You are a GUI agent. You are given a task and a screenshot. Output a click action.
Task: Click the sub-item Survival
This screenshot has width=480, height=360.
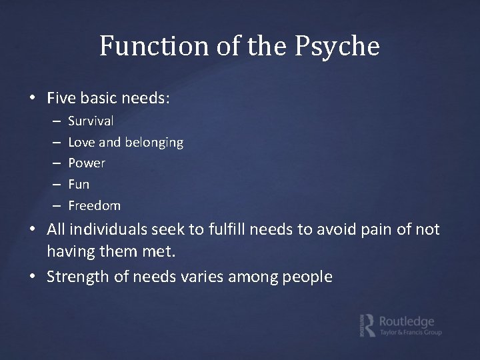point(91,121)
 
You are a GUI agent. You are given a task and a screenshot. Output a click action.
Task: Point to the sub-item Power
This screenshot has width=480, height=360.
point(87,163)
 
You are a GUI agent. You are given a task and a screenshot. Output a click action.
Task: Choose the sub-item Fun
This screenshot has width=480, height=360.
point(79,183)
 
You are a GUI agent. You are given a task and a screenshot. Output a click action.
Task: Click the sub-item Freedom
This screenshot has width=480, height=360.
point(94,205)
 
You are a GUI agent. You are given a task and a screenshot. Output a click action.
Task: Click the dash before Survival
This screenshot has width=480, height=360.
point(53,121)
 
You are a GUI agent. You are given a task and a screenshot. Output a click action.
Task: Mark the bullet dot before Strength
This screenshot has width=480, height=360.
point(39,276)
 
